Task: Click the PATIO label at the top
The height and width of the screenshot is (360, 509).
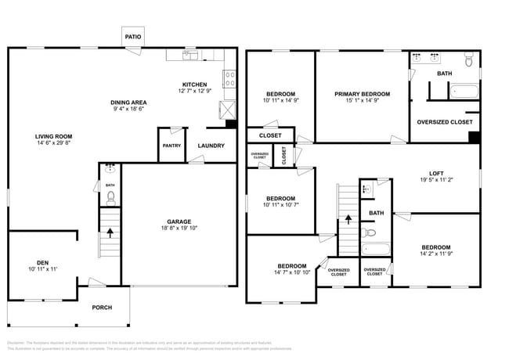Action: coord(133,37)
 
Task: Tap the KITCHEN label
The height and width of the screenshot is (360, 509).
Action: coord(194,85)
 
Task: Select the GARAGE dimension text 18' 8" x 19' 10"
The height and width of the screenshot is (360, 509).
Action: coord(179,229)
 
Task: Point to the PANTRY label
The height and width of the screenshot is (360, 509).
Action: coord(171,146)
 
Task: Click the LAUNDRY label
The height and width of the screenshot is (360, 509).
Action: coord(211,146)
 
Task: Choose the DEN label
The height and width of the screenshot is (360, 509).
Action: coord(42,262)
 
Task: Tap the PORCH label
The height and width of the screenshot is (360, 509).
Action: coord(102,308)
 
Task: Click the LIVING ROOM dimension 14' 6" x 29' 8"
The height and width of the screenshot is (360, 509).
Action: coord(52,142)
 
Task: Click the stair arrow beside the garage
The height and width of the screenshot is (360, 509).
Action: coord(110,232)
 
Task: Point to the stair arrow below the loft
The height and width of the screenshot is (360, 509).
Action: coord(348,219)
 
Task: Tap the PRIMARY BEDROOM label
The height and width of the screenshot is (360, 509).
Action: coord(362,94)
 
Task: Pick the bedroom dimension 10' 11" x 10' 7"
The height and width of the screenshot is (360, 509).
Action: coord(280,205)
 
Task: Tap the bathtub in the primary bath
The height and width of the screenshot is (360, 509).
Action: coord(467,91)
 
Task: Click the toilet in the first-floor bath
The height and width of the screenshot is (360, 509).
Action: coord(110,197)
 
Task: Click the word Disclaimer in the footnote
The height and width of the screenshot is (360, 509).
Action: coord(17,343)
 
